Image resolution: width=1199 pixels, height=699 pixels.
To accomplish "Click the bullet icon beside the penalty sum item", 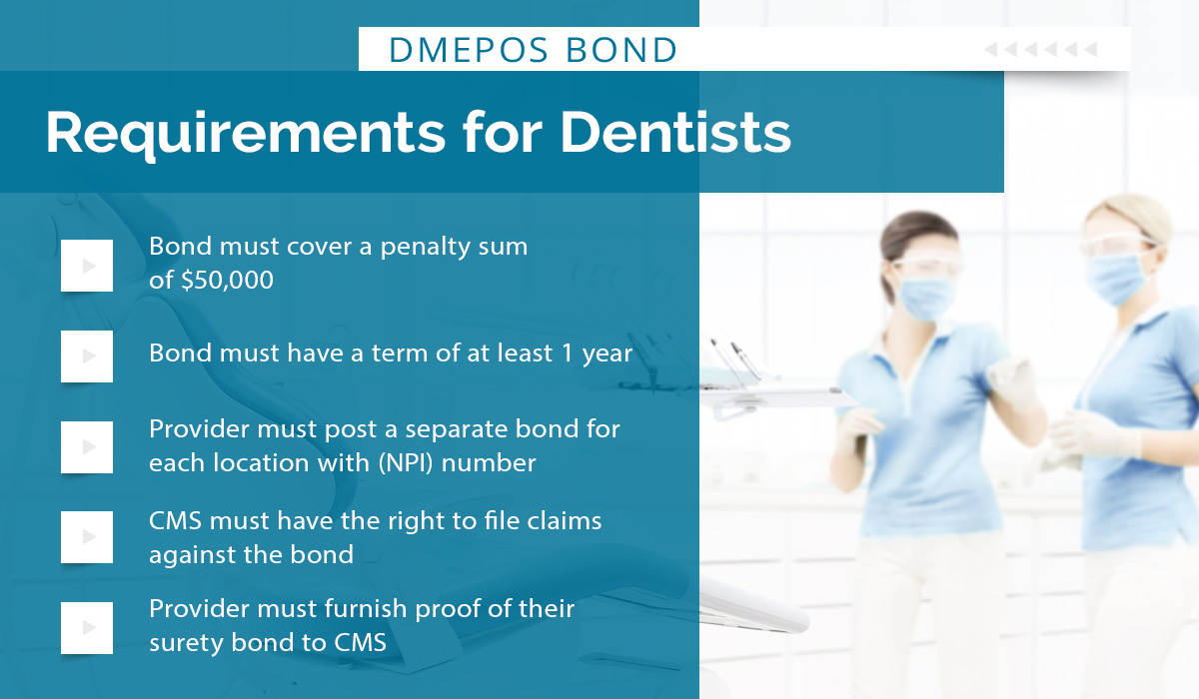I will [87, 266].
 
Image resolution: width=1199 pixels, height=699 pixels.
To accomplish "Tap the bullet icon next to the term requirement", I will [87, 355].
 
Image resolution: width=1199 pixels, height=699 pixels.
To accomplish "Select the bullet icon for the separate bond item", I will [87, 446].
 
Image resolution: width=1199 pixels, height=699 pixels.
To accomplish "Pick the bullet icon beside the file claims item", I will [87, 537].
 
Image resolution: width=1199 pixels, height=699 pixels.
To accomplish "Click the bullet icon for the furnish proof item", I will [87, 627].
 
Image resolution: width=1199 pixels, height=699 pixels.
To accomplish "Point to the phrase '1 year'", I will [599, 352].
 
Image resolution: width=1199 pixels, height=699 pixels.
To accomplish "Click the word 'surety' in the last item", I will [185, 642].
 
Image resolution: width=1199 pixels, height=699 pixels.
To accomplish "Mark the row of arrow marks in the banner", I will [1040, 49].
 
